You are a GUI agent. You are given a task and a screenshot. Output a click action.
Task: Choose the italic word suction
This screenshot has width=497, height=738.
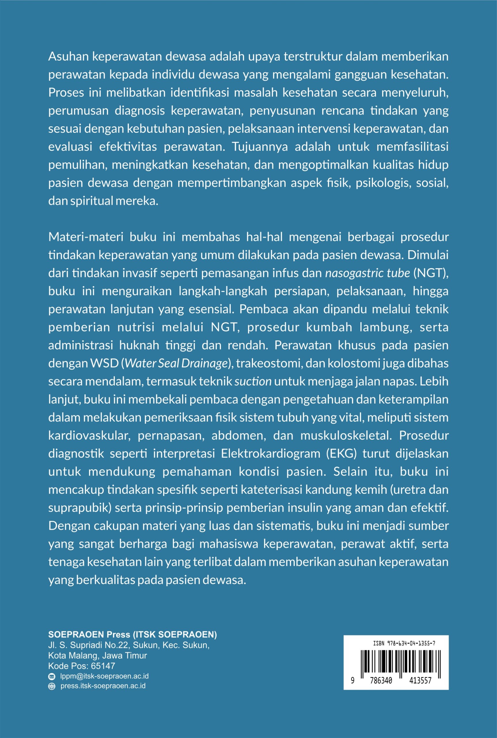pyautogui.click(x=253, y=381)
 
